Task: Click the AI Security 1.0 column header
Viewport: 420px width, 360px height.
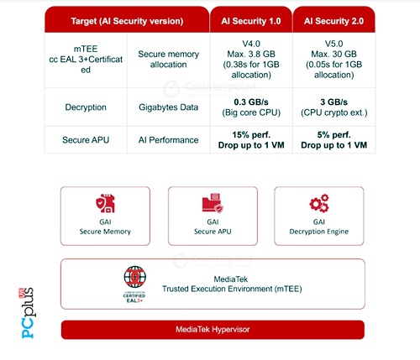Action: point(251,19)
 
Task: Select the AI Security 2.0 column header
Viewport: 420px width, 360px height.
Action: point(333,19)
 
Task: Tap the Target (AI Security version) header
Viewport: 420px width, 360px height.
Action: point(127,19)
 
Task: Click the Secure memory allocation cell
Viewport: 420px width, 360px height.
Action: point(168,60)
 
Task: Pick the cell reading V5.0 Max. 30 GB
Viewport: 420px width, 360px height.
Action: point(333,60)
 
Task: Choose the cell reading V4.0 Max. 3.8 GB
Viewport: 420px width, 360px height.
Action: point(251,60)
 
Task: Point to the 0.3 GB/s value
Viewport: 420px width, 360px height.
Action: point(251,102)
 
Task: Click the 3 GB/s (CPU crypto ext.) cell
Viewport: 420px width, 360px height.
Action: point(333,107)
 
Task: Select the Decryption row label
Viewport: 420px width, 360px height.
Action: point(86,107)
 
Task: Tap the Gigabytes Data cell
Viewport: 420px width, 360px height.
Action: point(168,107)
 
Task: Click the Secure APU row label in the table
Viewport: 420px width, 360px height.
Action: point(86,140)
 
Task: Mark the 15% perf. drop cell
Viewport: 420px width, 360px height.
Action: point(251,140)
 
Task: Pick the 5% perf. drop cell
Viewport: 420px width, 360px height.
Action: point(333,140)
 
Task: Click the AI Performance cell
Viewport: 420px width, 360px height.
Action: point(168,140)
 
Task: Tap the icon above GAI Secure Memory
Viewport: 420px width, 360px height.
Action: point(105,203)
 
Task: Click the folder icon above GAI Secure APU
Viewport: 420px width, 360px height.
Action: point(213,203)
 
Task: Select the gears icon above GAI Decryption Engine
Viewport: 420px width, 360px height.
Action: point(319,203)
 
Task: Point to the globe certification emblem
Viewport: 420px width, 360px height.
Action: point(134,284)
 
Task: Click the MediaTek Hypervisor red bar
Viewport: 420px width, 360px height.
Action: point(213,330)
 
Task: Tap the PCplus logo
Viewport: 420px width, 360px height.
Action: point(28,313)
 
